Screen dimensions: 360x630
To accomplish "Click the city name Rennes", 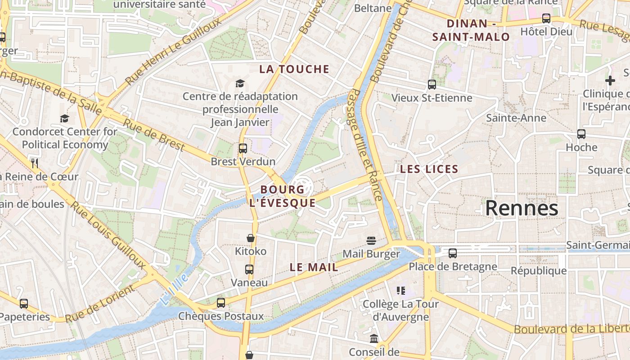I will [522, 208].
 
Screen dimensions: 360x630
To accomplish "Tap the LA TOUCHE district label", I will [294, 69].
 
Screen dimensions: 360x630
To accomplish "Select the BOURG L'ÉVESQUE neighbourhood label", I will [282, 196].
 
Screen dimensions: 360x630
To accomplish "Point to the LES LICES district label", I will [429, 170].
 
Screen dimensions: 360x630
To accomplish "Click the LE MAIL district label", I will [314, 267].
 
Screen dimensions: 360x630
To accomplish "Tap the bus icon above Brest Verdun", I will [243, 148].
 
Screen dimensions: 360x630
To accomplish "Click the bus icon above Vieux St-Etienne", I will [432, 84].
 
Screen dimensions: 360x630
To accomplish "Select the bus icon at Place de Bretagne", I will [453, 253].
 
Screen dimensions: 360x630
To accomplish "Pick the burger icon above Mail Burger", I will [371, 241].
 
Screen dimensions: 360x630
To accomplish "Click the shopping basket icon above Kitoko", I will [251, 238].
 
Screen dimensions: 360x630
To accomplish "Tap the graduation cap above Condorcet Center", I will [65, 118].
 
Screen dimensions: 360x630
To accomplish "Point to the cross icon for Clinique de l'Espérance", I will [610, 81].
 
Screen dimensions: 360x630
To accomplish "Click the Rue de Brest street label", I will [154, 135].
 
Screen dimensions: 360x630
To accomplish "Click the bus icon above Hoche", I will [581, 134].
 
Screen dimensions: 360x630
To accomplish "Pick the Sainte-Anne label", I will [516, 118].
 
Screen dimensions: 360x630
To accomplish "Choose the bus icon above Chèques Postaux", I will [221, 302].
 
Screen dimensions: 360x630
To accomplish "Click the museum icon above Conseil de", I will [374, 338].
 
